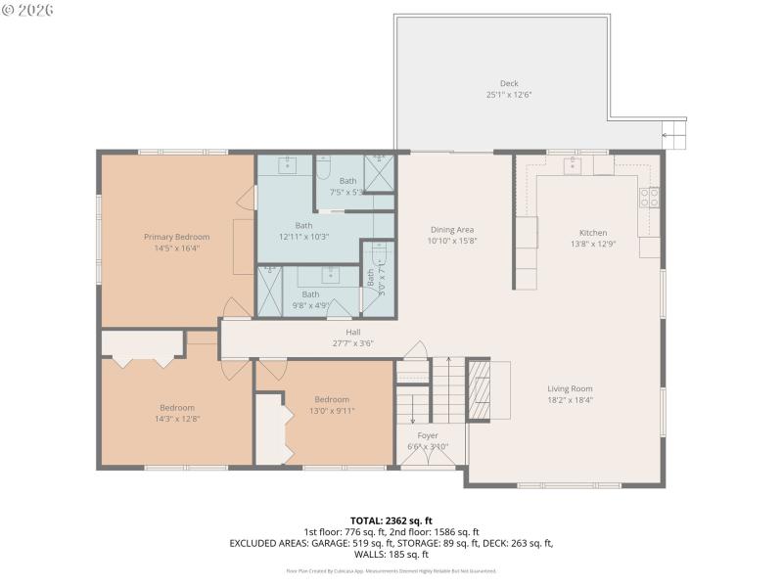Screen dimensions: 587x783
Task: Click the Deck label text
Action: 509,84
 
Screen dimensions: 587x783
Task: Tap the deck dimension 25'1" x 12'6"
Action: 509,95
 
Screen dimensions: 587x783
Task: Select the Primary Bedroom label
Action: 177,237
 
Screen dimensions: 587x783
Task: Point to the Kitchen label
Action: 593,233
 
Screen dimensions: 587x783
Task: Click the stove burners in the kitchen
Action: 649,199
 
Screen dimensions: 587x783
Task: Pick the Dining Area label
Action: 452,230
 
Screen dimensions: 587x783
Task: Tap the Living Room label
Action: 570,388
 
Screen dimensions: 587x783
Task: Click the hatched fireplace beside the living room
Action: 478,389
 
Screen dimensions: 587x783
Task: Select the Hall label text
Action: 353,332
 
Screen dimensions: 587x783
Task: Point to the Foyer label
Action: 428,435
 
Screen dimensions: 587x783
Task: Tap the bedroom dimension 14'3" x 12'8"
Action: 177,419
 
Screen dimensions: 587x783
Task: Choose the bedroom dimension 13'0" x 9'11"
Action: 332,411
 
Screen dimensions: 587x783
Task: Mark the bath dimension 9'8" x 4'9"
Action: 310,305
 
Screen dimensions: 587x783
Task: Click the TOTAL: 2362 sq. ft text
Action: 391,520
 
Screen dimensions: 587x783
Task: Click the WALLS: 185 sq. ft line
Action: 391,554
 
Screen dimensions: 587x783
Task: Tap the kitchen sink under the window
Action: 572,165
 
